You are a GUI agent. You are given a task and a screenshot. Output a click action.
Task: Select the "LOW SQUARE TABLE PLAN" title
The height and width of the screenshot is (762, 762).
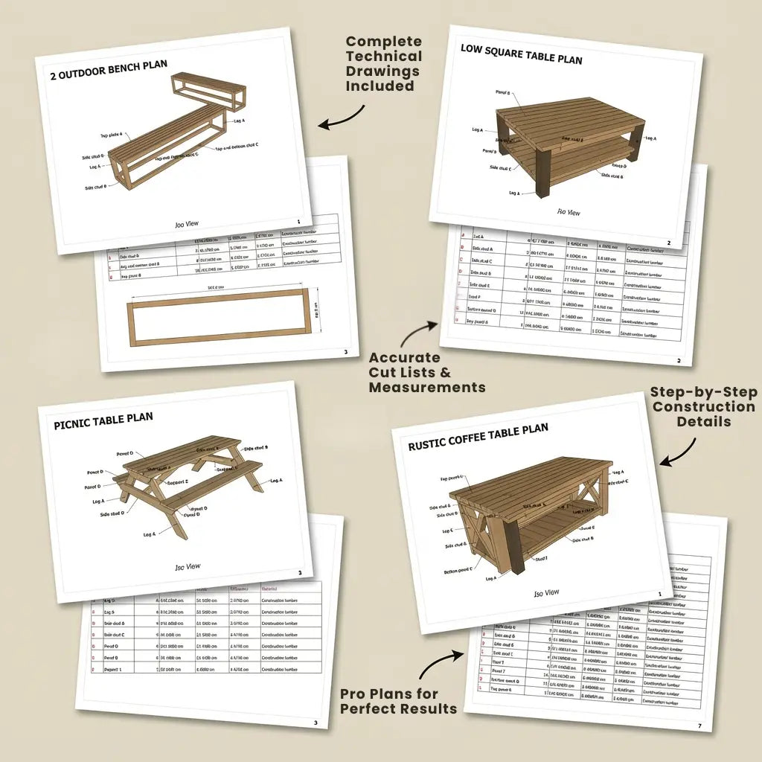click(521, 54)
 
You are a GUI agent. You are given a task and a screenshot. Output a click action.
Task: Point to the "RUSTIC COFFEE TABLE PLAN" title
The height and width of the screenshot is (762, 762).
click(478, 438)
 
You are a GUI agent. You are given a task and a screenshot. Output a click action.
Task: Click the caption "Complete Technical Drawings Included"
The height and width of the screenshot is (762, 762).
click(383, 64)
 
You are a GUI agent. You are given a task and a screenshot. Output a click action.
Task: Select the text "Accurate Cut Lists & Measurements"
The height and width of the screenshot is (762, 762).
click(426, 373)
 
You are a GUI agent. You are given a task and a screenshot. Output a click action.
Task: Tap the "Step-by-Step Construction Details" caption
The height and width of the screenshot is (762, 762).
click(702, 407)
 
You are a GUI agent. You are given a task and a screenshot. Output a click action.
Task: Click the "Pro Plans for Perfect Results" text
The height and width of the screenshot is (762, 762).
click(398, 701)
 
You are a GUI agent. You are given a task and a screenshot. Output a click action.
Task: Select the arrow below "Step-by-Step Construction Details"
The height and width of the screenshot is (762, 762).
click(679, 453)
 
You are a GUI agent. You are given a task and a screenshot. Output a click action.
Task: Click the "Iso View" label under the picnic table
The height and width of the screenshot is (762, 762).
click(188, 567)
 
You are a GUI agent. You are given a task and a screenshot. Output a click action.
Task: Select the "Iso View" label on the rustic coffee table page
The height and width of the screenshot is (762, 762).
click(546, 593)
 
